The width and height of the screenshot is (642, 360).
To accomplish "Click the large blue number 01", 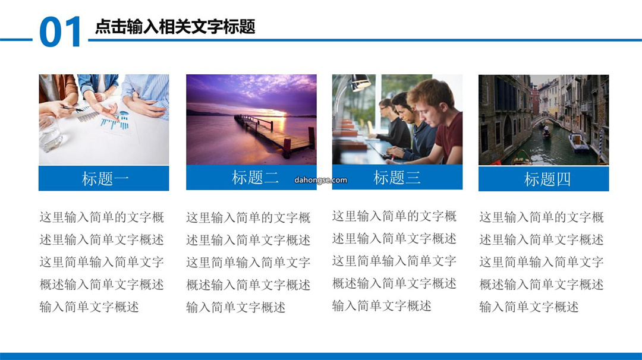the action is [x=60, y=32].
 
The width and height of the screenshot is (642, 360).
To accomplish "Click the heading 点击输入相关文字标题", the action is [x=175, y=27].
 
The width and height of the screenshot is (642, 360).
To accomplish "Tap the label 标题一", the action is [x=105, y=179].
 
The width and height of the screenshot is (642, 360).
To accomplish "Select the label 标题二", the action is [x=255, y=178].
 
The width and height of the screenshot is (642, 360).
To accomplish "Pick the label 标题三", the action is [x=396, y=178].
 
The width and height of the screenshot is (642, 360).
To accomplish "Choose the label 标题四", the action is [x=547, y=179].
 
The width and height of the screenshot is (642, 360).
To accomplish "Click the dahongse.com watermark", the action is [x=320, y=180].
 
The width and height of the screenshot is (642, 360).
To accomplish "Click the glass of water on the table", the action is [x=51, y=134].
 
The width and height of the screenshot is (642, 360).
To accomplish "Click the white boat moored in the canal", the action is [x=578, y=143].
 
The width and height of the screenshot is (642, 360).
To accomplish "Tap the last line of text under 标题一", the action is [x=89, y=307].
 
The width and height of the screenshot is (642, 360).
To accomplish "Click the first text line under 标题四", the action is [x=542, y=217].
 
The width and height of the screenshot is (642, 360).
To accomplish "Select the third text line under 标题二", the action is [x=248, y=262].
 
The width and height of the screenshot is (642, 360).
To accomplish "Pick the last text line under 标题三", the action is [x=382, y=305].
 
